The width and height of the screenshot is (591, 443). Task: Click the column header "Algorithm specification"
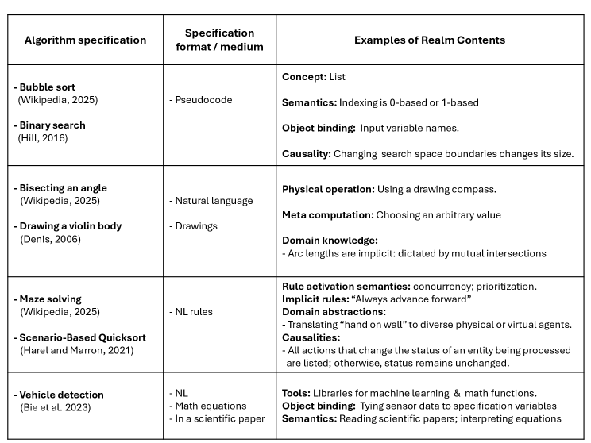85,40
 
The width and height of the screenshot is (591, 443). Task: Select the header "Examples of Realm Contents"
429,40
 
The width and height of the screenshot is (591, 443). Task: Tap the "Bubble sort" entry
50,86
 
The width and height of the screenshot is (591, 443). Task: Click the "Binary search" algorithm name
52,125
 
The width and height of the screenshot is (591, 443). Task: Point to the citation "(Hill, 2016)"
45,137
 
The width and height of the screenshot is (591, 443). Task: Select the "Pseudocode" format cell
203,100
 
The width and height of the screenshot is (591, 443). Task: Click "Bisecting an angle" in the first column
64,188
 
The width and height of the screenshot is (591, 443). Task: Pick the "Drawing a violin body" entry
71,226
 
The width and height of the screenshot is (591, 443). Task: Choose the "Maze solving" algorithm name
51,299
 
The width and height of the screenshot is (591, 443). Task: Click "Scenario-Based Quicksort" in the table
81,337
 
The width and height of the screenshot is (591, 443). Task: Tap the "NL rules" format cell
195,311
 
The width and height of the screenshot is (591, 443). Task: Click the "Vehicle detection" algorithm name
62,395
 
